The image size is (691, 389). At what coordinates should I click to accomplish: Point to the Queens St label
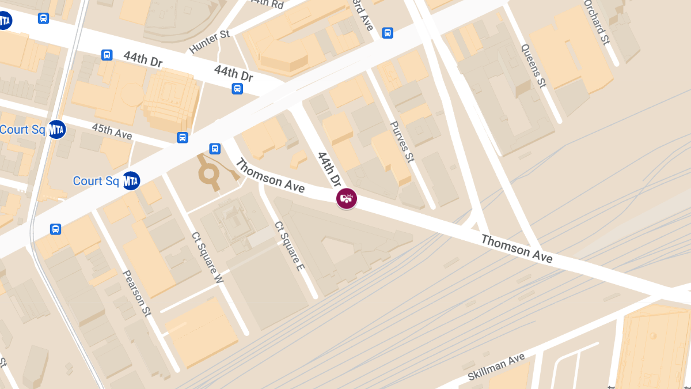(x=533, y=66)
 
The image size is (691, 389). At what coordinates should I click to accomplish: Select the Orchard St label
(x=596, y=22)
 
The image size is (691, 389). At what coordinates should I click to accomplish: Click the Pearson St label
(x=137, y=292)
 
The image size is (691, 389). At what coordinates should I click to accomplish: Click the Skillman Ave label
(x=496, y=367)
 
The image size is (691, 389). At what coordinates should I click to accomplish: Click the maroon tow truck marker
(x=347, y=199)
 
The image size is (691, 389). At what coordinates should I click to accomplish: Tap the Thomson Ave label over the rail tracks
(x=517, y=248)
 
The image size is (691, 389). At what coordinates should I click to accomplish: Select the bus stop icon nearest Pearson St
(x=55, y=229)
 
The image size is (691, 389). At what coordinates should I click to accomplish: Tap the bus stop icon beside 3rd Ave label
(x=388, y=33)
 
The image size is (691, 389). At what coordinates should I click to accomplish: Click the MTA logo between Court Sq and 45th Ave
(x=56, y=130)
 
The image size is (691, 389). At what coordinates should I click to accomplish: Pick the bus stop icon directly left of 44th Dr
(x=107, y=55)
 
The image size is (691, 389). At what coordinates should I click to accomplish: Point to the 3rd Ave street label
(x=363, y=16)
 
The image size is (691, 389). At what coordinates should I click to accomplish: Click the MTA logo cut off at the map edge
(x=4, y=21)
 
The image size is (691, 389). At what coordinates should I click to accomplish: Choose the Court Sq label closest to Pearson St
(x=96, y=181)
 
